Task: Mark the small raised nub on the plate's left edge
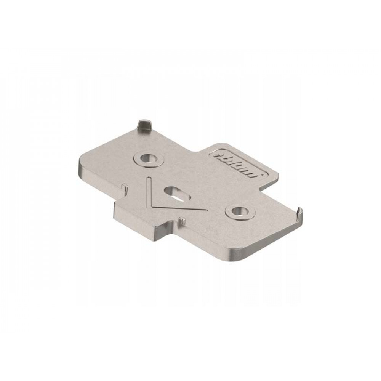coord(125,187)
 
